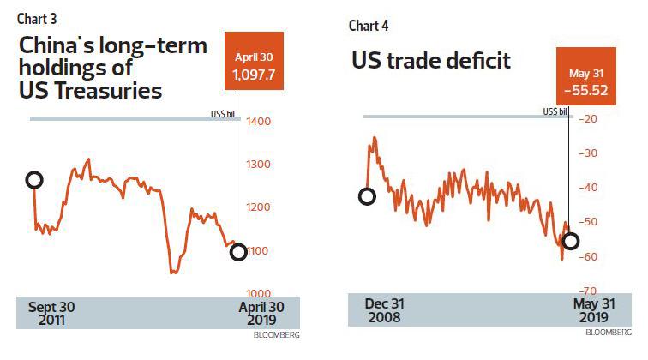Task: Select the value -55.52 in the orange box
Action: point(586,87)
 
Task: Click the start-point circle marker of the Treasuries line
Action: point(34,180)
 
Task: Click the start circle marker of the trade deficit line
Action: point(367,196)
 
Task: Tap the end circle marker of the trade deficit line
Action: point(570,241)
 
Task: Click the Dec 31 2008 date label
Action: point(384,310)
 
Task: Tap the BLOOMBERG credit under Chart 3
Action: point(276,335)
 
